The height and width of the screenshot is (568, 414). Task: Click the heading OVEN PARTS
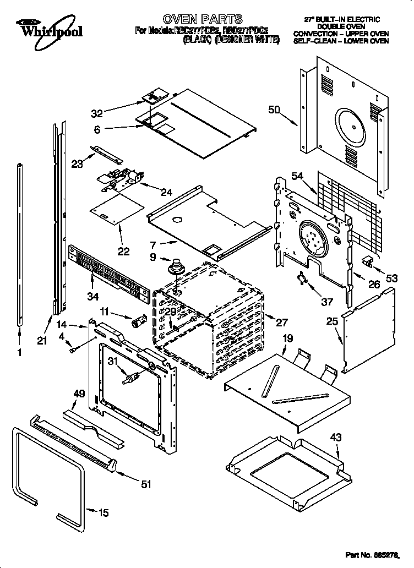tap(202, 20)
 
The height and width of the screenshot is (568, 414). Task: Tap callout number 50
tap(275, 110)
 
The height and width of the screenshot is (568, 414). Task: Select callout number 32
tap(97, 114)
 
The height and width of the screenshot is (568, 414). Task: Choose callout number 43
tap(335, 438)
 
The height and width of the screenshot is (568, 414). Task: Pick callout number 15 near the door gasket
tap(102, 512)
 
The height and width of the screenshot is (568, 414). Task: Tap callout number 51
tap(145, 484)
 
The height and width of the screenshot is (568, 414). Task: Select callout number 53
tap(391, 279)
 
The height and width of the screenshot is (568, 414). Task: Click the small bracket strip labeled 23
tap(105, 152)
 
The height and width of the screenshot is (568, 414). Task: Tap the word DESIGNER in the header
tap(236, 40)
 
